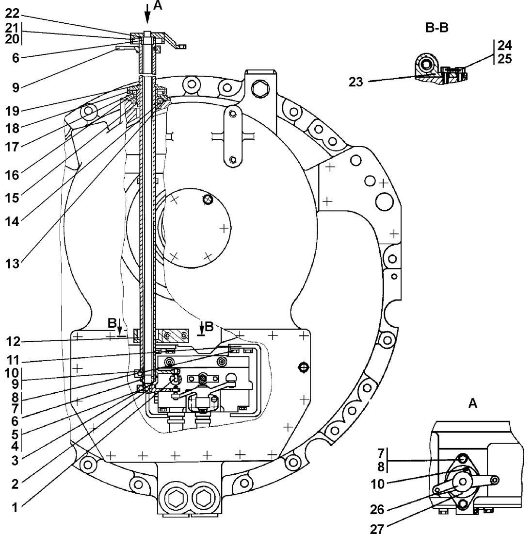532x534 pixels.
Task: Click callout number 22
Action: [12, 14]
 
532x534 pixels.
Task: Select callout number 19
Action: [12, 111]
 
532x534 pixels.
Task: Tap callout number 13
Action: [12, 264]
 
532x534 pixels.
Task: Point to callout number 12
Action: [13, 342]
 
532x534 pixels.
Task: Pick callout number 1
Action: [15, 507]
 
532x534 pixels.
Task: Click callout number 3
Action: [15, 460]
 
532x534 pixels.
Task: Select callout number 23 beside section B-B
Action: [356, 82]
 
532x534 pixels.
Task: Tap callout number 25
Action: [504, 59]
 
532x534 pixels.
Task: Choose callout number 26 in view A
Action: [377, 509]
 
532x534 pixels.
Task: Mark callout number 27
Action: [377, 529]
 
